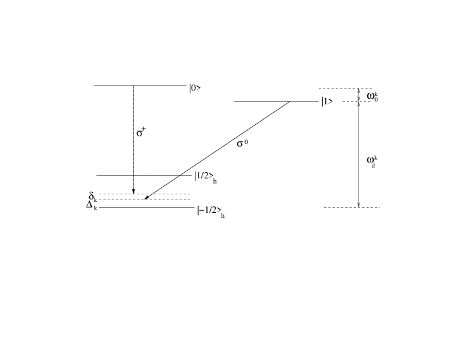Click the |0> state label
[195, 89]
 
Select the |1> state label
[327, 102]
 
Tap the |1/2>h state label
[206, 177]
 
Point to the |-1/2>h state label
[211, 212]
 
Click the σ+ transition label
[141, 132]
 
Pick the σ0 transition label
[242, 143]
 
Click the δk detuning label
[93, 197]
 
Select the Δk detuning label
[92, 206]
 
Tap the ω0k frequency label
[372, 96]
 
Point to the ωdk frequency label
[372, 161]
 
